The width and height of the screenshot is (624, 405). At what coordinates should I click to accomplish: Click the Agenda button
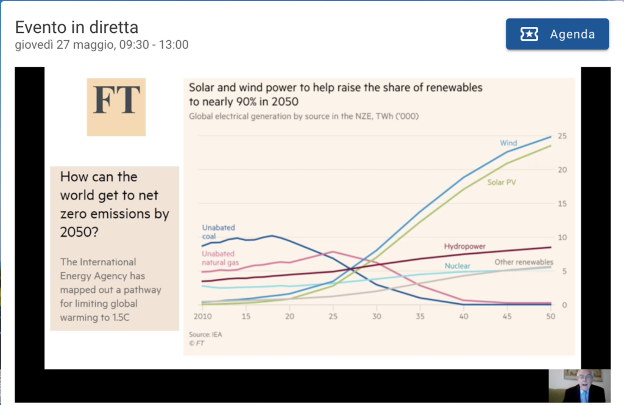point(557,34)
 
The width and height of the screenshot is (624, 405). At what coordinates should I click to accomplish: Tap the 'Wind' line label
point(508,143)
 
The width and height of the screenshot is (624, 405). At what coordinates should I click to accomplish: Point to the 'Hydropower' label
point(464,246)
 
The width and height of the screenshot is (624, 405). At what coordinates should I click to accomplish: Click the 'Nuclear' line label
point(457,267)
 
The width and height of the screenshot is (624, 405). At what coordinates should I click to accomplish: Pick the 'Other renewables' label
point(523,262)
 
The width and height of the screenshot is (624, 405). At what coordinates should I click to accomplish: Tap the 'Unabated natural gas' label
point(219,259)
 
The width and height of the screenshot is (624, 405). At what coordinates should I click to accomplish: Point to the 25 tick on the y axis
point(562,135)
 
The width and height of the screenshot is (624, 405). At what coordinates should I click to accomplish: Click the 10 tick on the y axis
point(562,237)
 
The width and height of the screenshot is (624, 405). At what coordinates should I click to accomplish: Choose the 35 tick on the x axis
point(420,317)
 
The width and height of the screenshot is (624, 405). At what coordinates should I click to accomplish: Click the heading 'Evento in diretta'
point(76,27)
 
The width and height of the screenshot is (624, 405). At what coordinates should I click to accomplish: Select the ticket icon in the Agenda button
point(529,34)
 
